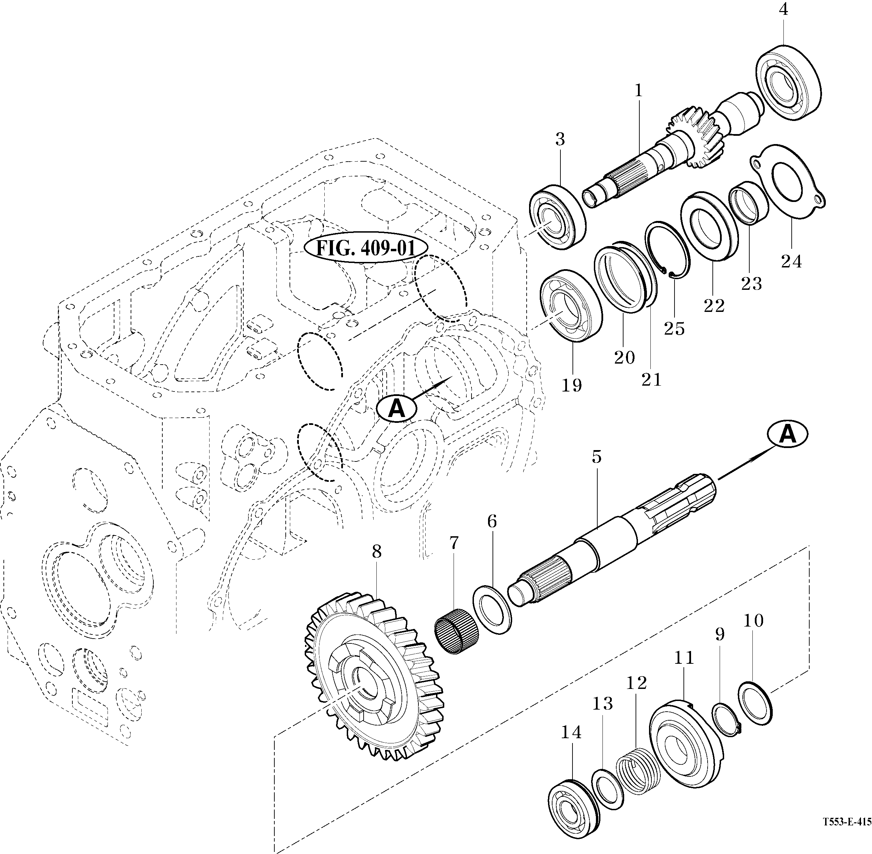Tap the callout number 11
click(683, 658)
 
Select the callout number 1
click(639, 91)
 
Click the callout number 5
click(596, 457)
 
